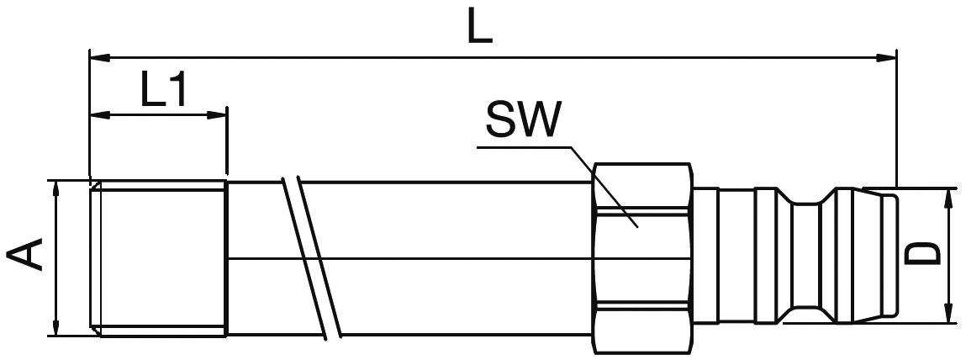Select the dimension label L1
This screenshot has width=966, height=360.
[163, 90]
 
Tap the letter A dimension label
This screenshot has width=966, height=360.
[26, 255]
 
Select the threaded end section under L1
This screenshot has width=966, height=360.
[160, 257]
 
